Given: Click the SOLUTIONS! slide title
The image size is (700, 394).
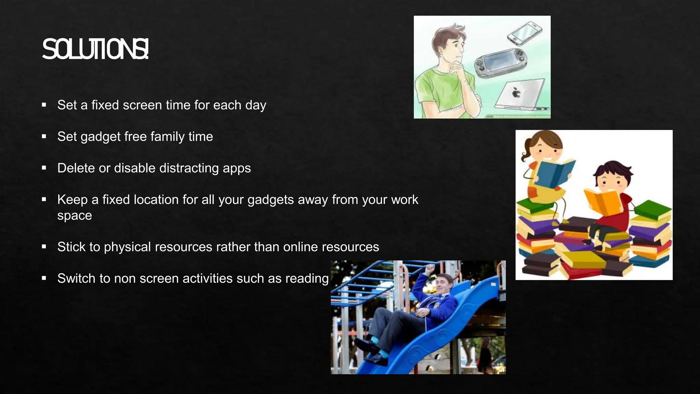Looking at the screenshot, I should pyautogui.click(x=95, y=50).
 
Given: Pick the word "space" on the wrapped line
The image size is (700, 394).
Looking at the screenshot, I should pyautogui.click(x=75, y=215).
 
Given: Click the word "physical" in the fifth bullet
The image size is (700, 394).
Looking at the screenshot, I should pyautogui.click(x=127, y=247).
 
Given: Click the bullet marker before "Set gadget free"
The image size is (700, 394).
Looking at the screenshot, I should pyautogui.click(x=44, y=136).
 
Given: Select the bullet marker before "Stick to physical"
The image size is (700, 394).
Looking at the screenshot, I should pyautogui.click(x=44, y=247).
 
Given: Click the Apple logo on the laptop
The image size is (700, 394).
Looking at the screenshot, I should pyautogui.click(x=516, y=92).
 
